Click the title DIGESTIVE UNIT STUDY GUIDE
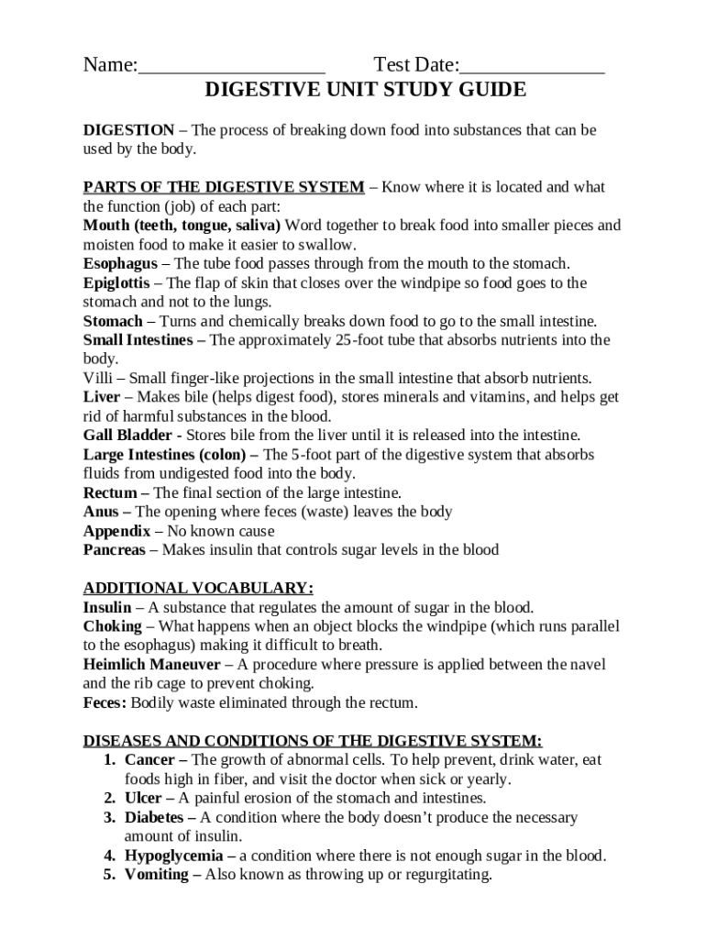pos(365,90)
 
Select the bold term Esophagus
pos(119,263)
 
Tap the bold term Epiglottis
pos(116,282)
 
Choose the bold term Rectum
pos(110,492)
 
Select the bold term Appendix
pos(116,531)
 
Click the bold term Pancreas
pos(114,550)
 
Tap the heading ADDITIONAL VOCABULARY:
pos(198,588)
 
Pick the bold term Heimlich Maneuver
pos(151,664)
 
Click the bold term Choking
pos(112,625)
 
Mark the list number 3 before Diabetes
pos(108,817)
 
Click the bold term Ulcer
pos(142,798)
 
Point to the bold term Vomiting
pos(156,875)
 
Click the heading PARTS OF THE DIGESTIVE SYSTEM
pos(224,187)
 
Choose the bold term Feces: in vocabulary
pos(105,702)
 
